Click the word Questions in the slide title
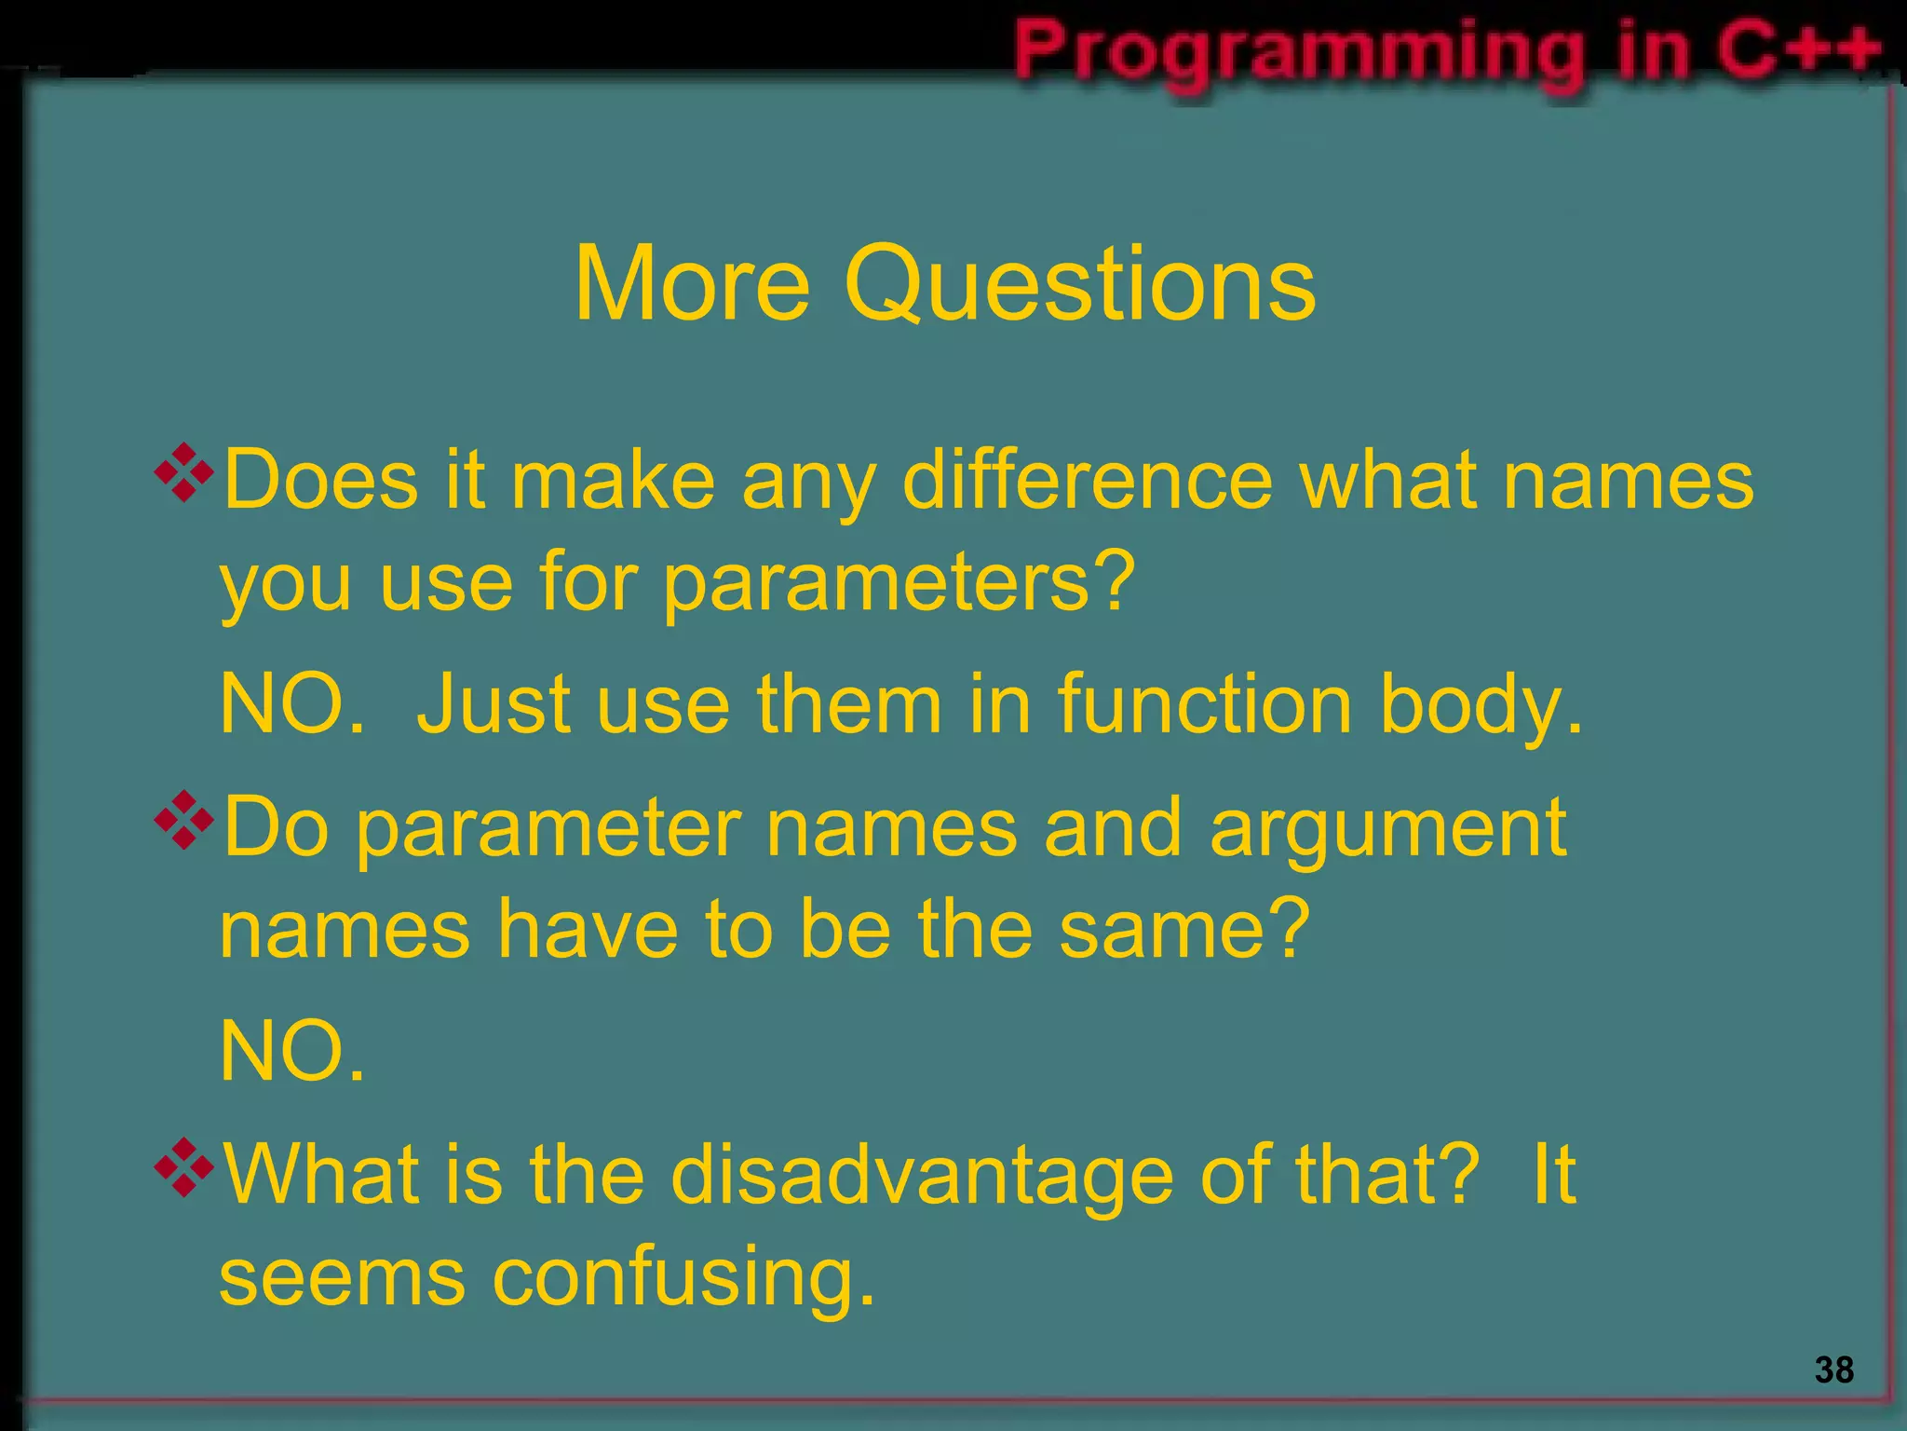pyautogui.click(x=1079, y=284)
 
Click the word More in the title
pyautogui.click(x=692, y=284)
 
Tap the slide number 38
pyautogui.click(x=1833, y=1370)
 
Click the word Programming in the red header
pyautogui.click(x=1300, y=51)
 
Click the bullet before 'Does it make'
pyautogui.click(x=184, y=473)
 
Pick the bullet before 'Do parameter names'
pyautogui.click(x=184, y=820)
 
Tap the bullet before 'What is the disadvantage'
pyautogui.click(x=184, y=1167)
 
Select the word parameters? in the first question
pyautogui.click(x=899, y=582)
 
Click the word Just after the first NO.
pyautogui.click(x=493, y=704)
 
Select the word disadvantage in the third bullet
pyautogui.click(x=921, y=1177)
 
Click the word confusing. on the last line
pyautogui.click(x=683, y=1279)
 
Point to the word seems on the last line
pyautogui.click(x=342, y=1279)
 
